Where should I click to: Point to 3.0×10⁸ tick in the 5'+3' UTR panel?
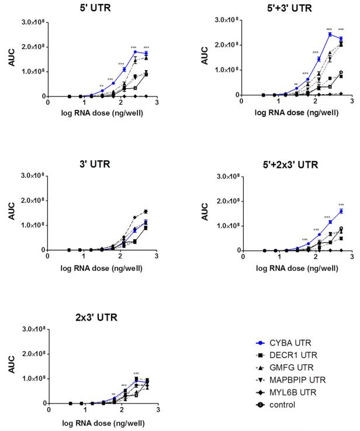coord(229,19)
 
